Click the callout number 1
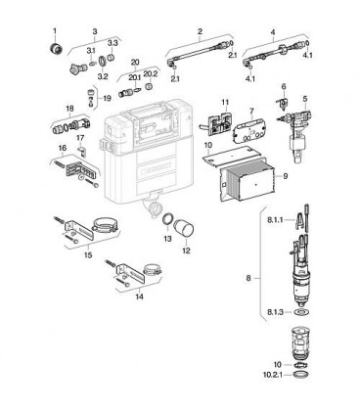[55, 31]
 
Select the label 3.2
[103, 76]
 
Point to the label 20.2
[151, 74]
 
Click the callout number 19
[107, 98]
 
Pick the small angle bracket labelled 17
[81, 151]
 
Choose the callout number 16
[63, 148]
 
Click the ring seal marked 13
[167, 218]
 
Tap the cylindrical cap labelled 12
[183, 228]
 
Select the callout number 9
[286, 176]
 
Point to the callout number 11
[225, 103]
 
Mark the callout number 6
[284, 87]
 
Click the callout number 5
[305, 99]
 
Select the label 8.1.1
[275, 220]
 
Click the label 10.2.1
[272, 375]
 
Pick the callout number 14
[139, 297]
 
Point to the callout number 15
[88, 254]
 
